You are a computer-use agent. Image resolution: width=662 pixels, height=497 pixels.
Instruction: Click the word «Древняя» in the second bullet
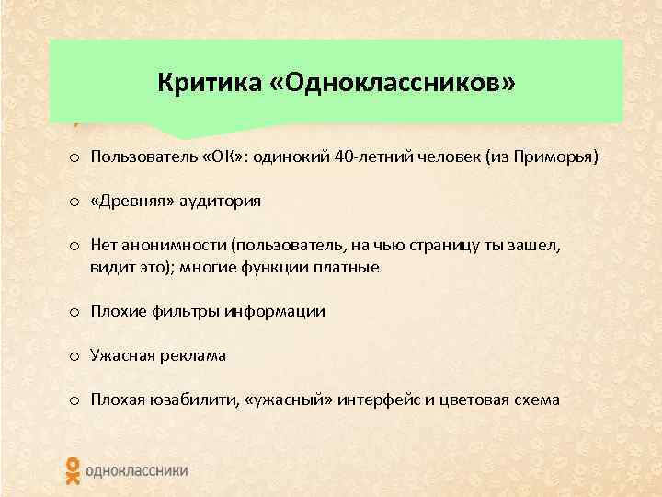tap(130, 202)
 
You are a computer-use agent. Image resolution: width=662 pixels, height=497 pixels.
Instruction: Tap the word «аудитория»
tap(218, 202)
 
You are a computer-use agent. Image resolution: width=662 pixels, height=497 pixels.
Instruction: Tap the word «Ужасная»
tap(120, 355)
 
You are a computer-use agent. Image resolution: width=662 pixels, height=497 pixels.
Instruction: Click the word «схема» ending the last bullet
tap(532, 400)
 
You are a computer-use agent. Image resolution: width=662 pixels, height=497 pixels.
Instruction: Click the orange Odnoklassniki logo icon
tap(73, 469)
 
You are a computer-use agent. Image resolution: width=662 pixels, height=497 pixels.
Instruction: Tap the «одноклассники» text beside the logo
tap(136, 470)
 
